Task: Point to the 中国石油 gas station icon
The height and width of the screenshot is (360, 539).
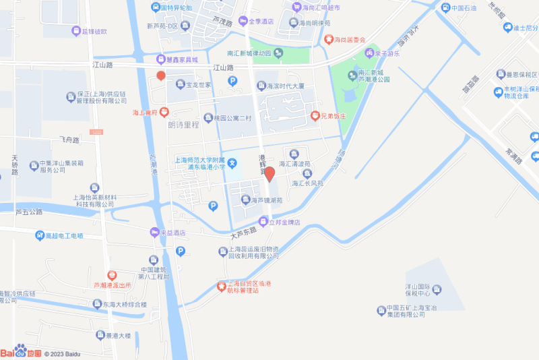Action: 445,8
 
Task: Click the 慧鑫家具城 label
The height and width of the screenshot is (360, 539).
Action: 179,59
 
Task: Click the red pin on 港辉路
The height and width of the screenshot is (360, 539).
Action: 269,174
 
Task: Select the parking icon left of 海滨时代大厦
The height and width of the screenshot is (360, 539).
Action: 232,82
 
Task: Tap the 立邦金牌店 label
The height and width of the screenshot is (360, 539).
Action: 284,222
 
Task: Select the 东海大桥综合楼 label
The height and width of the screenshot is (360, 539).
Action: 123,305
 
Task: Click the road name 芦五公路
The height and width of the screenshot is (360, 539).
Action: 28,212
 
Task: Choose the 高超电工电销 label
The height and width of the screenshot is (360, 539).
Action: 63,235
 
